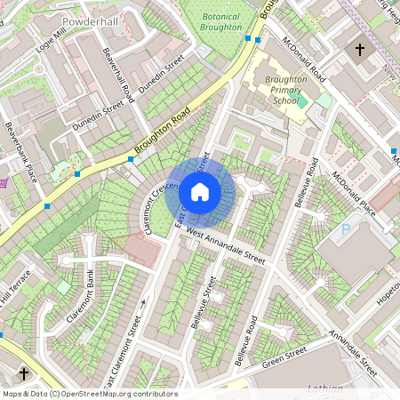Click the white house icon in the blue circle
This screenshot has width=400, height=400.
click(200, 190)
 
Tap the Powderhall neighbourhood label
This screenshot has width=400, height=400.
click(90, 18)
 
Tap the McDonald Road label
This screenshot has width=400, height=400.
click(303, 60)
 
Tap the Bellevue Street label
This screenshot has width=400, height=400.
click(202, 303)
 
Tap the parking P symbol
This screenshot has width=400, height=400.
click(346, 229)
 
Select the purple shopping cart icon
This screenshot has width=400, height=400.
click(4, 183)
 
